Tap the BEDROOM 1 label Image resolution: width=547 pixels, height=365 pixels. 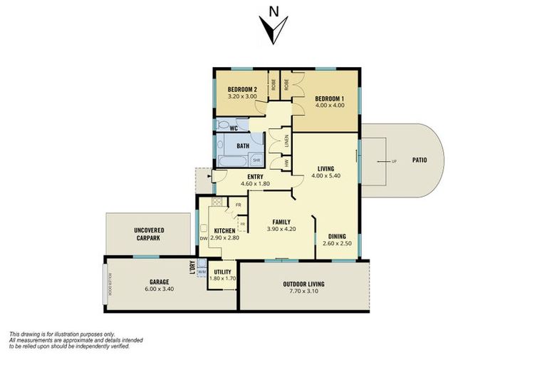click(330, 98)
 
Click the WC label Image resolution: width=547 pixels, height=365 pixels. click(233, 128)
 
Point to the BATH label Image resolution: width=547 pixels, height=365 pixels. click(243, 146)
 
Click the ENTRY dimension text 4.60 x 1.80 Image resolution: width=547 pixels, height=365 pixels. click(255, 185)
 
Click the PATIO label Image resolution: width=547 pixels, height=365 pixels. click(420, 160)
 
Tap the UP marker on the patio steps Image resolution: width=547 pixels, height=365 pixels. click(392, 161)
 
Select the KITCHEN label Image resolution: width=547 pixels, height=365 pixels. click(226, 230)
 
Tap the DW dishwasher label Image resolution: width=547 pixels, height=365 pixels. click(203, 238)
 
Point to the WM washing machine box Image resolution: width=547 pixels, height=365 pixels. click(202, 272)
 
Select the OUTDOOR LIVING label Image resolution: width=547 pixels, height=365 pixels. click(303, 284)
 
